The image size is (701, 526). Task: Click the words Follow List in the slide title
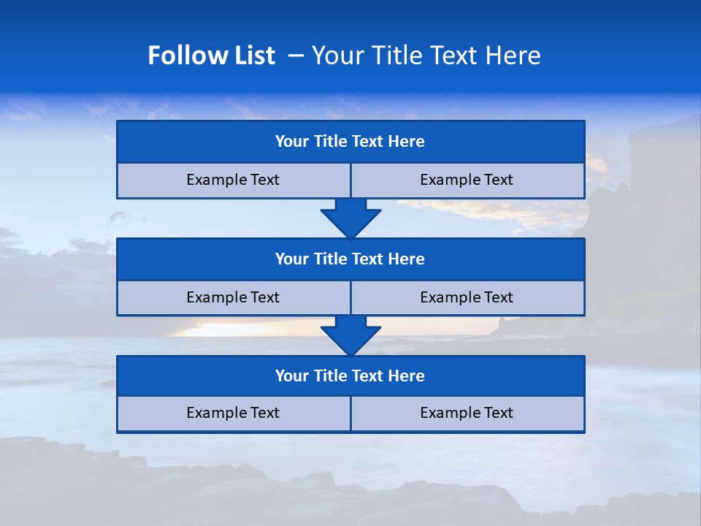(x=211, y=56)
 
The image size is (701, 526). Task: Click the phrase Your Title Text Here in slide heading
(x=426, y=56)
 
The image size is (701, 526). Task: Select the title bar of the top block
(x=350, y=142)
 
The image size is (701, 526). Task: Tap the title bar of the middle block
(x=350, y=259)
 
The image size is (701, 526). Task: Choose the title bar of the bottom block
(x=350, y=376)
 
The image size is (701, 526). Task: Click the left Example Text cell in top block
(x=233, y=180)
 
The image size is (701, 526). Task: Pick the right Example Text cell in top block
(x=467, y=180)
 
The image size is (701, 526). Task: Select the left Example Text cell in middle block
(x=233, y=297)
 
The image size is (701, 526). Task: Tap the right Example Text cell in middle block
(x=467, y=297)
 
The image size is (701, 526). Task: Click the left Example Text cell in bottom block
(x=233, y=413)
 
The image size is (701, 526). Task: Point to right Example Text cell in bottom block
(x=467, y=413)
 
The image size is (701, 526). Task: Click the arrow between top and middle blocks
(x=350, y=218)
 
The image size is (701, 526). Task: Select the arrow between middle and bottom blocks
(x=350, y=335)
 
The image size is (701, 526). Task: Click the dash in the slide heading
(x=296, y=56)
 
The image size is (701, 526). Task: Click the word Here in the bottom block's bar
(x=407, y=376)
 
